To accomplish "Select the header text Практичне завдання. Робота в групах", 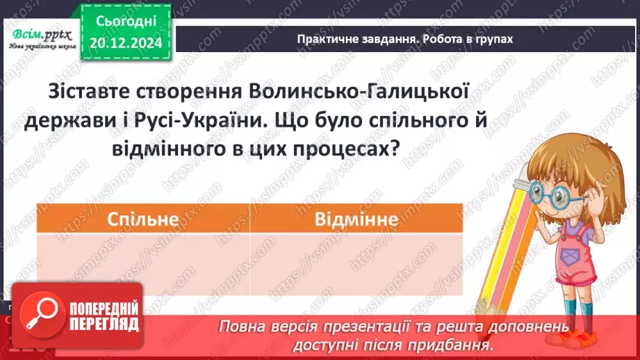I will [404, 39].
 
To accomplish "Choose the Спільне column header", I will [142, 219].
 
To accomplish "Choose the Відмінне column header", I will [356, 219].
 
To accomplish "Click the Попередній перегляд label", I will [102, 316].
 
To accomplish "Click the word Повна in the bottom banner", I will [243, 327].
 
